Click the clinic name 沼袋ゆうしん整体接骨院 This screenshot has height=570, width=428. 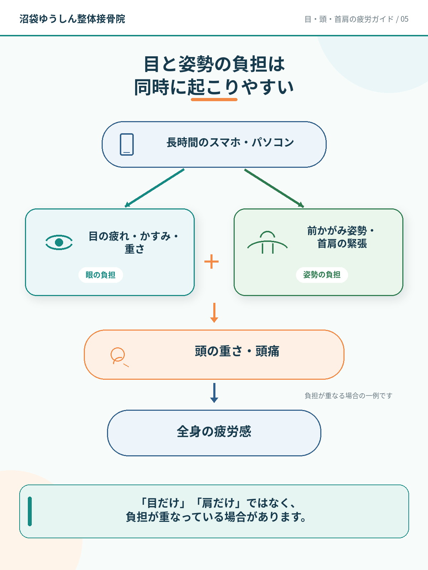coord(72,19)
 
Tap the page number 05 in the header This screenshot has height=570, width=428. coord(404,19)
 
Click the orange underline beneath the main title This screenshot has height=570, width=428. coord(214,99)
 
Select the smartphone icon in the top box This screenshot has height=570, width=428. coord(127,144)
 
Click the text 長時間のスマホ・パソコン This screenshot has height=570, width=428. coord(230,142)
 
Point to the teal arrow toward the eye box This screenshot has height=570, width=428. coord(155,188)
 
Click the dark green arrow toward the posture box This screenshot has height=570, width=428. coord(274,188)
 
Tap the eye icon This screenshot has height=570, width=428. coord(59,242)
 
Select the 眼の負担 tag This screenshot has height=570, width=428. coord(101,275)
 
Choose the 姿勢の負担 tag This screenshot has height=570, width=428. coord(322,275)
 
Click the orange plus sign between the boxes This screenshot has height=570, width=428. coord(212,261)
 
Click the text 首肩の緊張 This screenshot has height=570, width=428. coord(342,244)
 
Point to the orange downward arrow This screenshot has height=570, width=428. coord(214,313)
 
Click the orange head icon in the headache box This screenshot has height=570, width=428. coord(119,357)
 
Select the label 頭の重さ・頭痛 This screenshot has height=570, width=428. coord(237,351)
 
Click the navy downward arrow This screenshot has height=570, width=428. coord(214,393)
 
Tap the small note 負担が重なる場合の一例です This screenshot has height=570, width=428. coord(348,396)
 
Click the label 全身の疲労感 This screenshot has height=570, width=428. coord(214,431)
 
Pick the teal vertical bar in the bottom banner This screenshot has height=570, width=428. coord(30,511)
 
